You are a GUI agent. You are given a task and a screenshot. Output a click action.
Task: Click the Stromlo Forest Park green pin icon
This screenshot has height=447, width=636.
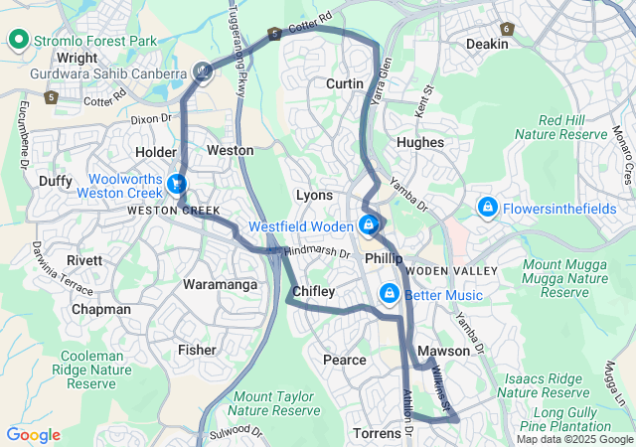[18, 41]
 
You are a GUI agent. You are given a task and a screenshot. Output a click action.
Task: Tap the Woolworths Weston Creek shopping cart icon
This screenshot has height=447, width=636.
[176, 184]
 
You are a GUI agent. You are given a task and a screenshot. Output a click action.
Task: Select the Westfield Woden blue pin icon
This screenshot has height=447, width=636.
[369, 225]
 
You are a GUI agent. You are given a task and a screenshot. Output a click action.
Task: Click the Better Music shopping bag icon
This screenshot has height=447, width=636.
[389, 294]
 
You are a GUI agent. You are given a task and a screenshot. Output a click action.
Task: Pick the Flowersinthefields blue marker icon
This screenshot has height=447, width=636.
[488, 208]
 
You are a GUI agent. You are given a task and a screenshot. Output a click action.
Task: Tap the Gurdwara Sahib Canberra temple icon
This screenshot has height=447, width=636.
[203, 72]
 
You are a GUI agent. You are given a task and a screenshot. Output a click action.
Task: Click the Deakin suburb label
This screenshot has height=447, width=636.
[487, 44]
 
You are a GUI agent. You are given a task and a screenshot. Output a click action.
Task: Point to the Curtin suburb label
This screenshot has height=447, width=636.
[345, 84]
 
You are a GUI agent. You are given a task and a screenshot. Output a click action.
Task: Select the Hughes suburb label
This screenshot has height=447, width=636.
[419, 143]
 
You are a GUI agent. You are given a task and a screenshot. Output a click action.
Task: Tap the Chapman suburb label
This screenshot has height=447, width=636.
[100, 310]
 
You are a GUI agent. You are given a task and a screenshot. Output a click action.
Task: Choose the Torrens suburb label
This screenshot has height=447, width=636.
[377, 434]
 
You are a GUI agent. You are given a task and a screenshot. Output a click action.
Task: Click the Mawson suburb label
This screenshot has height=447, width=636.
[443, 352]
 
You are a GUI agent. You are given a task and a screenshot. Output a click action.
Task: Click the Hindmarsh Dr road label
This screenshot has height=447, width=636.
[318, 253]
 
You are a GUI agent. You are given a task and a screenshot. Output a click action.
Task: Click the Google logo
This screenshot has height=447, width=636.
[33, 435]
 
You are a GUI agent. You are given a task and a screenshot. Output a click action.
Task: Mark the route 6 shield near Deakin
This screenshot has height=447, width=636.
[507, 29]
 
